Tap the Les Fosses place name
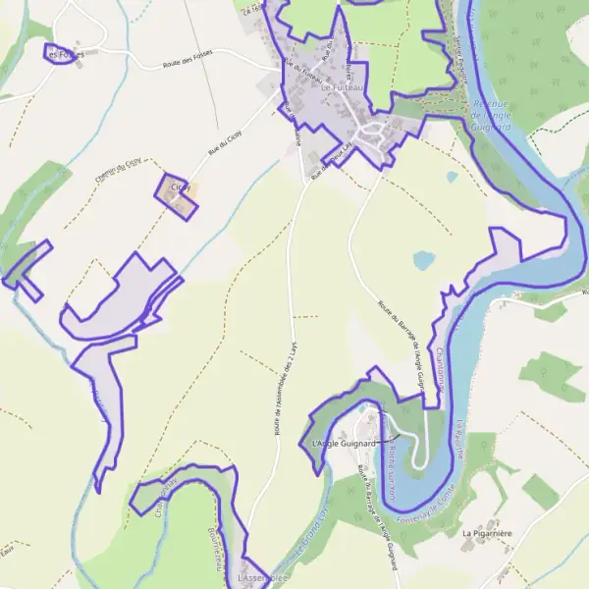(66, 55)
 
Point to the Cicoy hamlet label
(180, 187)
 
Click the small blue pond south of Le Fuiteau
(423, 260)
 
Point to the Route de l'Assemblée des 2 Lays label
(286, 393)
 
